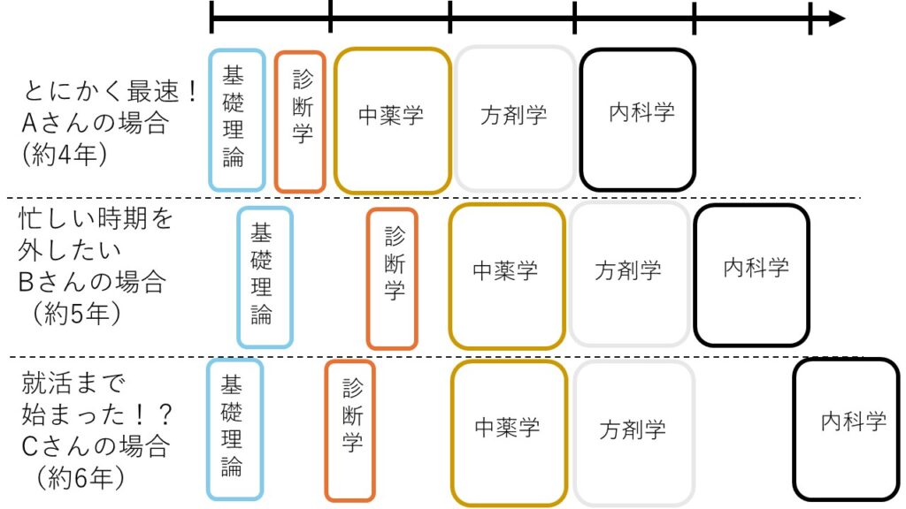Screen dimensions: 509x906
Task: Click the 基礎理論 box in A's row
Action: (x=237, y=119)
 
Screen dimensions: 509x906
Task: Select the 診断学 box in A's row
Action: (x=300, y=121)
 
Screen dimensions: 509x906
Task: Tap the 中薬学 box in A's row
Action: (x=393, y=120)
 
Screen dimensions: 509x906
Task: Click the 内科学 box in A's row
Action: (x=637, y=119)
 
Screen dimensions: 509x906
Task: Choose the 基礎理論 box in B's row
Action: (x=265, y=277)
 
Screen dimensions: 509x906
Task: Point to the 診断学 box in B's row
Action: (x=392, y=278)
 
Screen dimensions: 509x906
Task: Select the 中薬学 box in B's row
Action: (x=506, y=275)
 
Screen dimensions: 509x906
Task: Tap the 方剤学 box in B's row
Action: (x=629, y=275)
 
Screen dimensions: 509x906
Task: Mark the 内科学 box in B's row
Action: (x=751, y=275)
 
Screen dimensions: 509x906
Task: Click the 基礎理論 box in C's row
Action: (x=234, y=429)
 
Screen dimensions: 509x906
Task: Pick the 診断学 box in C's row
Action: (x=349, y=430)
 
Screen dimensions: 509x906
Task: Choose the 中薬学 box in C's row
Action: (x=509, y=432)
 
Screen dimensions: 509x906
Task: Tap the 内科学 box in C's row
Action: (x=845, y=429)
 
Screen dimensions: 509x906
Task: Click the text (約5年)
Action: (x=75, y=314)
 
